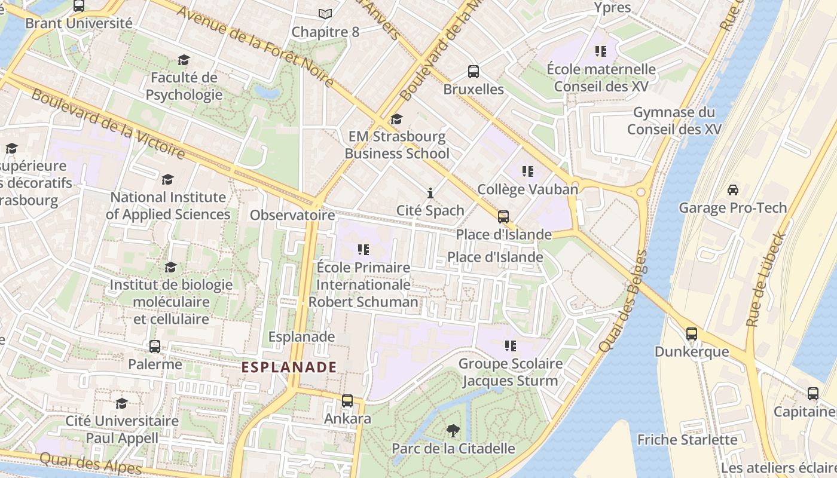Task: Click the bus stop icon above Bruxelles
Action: [474, 72]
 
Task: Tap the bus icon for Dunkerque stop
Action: [692, 334]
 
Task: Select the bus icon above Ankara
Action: [347, 401]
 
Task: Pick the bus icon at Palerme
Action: [155, 347]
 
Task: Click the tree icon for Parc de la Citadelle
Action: [453, 430]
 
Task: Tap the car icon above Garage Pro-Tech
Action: [732, 190]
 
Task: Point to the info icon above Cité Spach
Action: [430, 193]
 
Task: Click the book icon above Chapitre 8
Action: [325, 14]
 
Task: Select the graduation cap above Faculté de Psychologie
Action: [184, 60]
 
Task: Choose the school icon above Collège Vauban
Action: [527, 171]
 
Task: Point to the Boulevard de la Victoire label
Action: [108, 124]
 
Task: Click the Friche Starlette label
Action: [688, 440]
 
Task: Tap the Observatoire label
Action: [292, 215]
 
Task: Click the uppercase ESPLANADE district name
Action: [289, 367]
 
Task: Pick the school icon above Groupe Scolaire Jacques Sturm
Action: [510, 346]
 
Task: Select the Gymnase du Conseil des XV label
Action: [674, 121]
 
